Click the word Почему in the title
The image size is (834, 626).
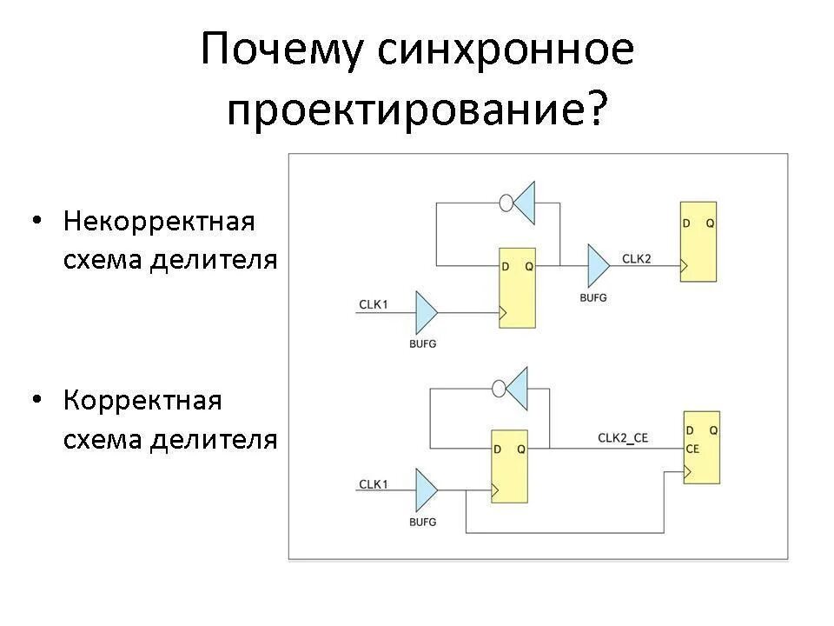tap(281, 51)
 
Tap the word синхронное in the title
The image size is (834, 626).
tap(506, 51)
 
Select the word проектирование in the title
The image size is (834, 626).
tap(407, 112)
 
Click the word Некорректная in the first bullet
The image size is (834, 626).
tap(159, 221)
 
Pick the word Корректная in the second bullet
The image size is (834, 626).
tap(142, 401)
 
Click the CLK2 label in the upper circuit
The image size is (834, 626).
tap(637, 258)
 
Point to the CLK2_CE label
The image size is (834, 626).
tap(623, 437)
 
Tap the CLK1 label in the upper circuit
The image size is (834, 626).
tap(374, 304)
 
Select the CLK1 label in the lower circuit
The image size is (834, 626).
tap(374, 484)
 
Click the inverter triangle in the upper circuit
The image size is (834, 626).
tap(524, 203)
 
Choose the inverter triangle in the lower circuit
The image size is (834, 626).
tap(517, 389)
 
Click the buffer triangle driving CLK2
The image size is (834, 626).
tap(598, 265)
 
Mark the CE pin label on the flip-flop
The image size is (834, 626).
tap(692, 449)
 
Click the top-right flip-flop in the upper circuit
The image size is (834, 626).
tap(698, 242)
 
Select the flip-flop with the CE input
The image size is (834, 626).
tap(701, 447)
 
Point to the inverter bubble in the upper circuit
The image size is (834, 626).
tap(506, 203)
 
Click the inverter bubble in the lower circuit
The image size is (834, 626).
tap(499, 389)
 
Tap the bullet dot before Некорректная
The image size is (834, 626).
tap(36, 221)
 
